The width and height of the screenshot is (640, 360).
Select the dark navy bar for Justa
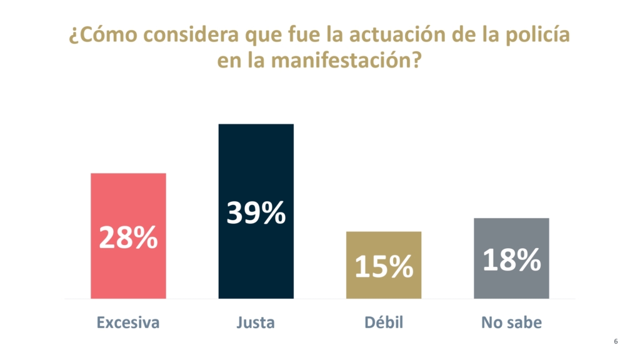pos(256,162)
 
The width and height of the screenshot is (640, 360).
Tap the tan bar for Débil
pos(383,247)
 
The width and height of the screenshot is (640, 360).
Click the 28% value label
pos(128,238)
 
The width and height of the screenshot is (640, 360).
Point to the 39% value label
pos(256,213)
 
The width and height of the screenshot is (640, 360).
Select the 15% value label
pos(383,267)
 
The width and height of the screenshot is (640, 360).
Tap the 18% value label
pos(511,260)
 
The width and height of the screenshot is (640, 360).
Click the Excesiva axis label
pos(128,322)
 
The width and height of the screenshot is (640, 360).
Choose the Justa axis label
pos(256,322)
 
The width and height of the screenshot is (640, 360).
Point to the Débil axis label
pos(383,322)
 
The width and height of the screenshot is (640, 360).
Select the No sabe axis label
pos(511,322)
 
